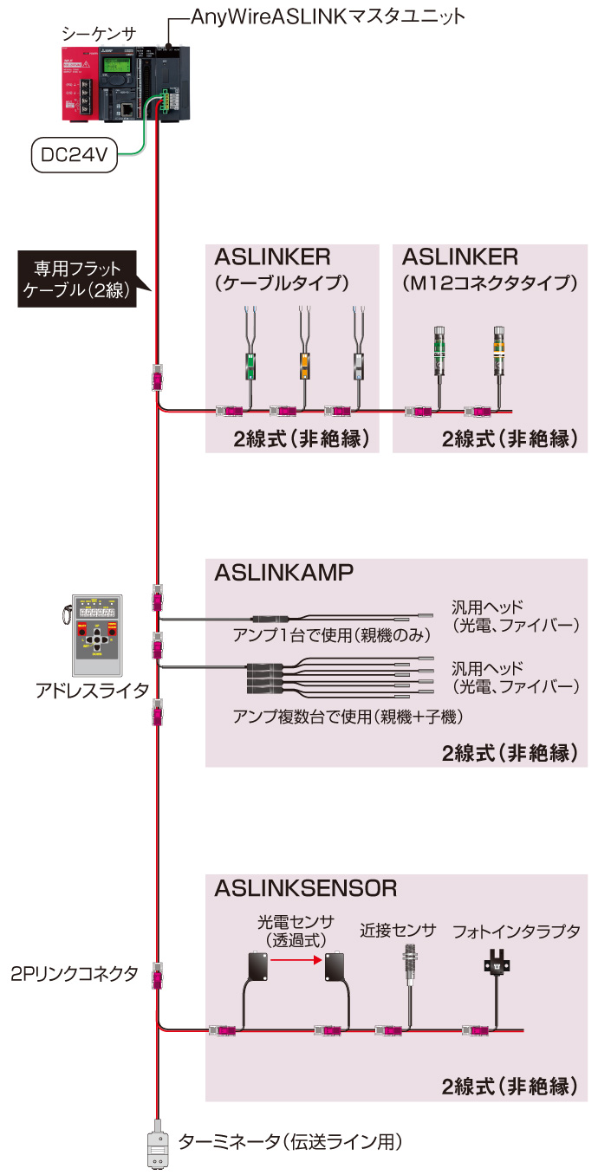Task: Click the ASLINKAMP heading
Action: [283, 574]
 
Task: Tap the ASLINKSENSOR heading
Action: [306, 887]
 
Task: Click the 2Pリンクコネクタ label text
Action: [75, 973]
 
